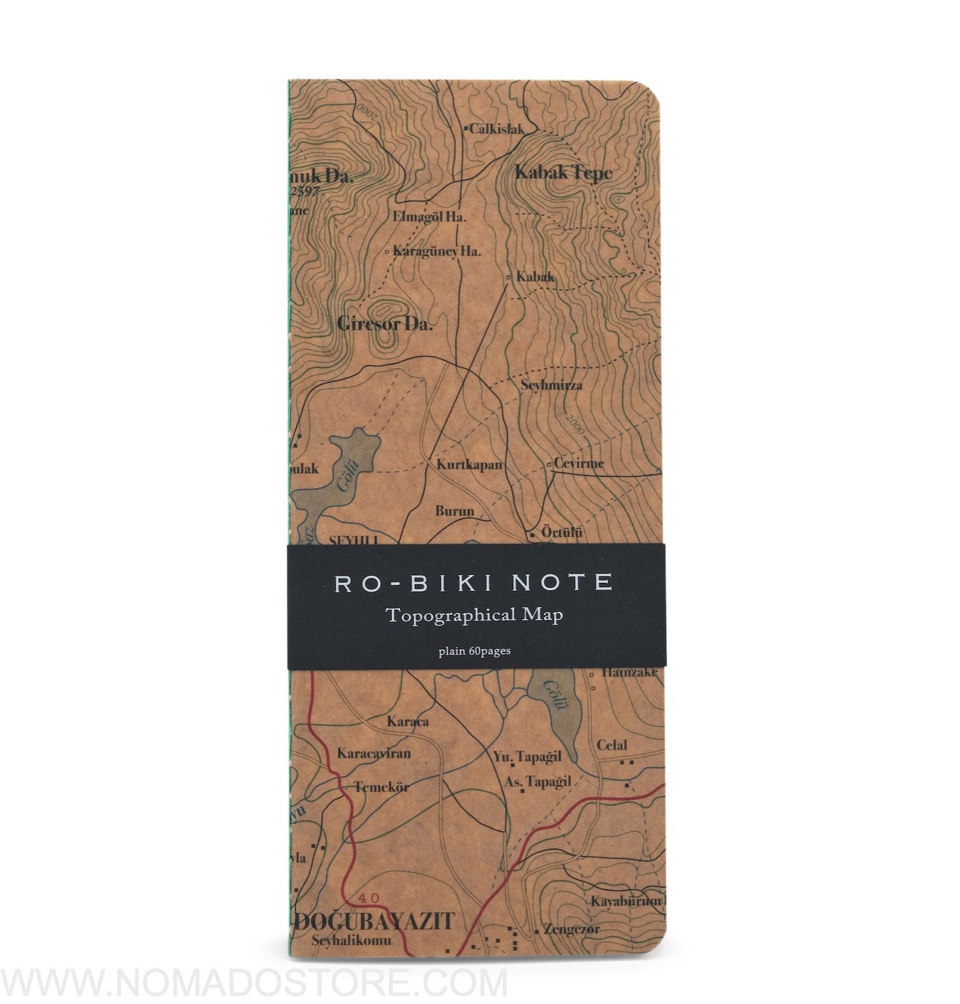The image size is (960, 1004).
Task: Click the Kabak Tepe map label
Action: point(563,173)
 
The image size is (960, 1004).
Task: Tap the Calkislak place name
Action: point(496,129)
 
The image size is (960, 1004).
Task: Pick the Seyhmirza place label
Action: point(552,385)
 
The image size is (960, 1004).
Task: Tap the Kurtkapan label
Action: point(469,464)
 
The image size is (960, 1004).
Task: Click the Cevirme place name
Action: point(579,463)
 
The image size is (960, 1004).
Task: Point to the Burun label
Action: point(455,511)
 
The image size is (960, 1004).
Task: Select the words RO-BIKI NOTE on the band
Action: point(473,582)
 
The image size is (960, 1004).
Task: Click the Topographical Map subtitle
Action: point(474,616)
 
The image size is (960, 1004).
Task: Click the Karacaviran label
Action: point(374,753)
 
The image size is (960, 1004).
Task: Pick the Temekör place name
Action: point(382,786)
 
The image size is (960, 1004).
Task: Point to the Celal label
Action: point(611,745)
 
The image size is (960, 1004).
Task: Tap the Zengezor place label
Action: point(572,929)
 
